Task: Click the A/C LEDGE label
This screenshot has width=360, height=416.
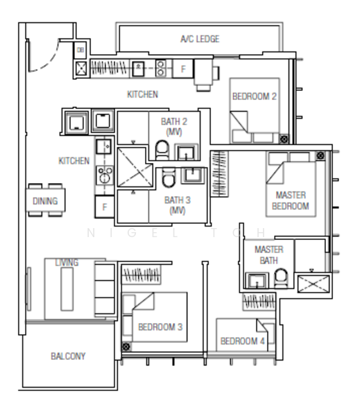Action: (200, 40)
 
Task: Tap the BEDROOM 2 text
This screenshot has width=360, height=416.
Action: (255, 96)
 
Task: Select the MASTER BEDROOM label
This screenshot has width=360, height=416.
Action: (291, 201)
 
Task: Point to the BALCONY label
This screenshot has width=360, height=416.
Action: (68, 356)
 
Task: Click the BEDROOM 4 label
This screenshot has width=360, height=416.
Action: (243, 341)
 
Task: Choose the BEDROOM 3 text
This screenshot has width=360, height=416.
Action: (160, 327)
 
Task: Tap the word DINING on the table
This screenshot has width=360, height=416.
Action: (45, 201)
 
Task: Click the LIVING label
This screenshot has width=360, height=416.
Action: (67, 263)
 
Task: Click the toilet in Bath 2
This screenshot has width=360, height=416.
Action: (162, 149)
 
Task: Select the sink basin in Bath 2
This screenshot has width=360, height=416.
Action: (186, 152)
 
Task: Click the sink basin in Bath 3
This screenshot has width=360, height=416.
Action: (191, 175)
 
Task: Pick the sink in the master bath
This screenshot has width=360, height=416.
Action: (257, 281)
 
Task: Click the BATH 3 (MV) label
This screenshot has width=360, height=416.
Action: (175, 205)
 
